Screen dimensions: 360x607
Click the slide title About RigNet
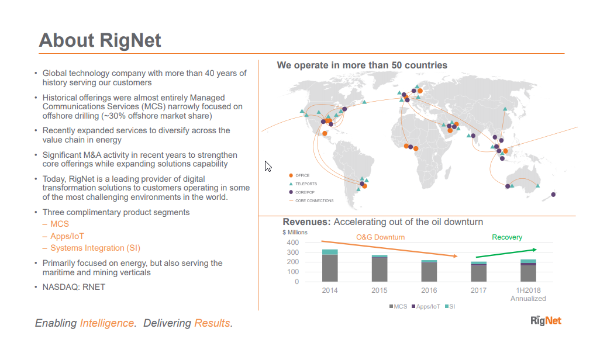pos(99,40)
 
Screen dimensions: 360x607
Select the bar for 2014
pos(330,266)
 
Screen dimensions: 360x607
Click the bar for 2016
pos(429,271)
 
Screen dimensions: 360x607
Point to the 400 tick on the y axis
pos(293,243)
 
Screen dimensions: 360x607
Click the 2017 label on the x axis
pos(478,290)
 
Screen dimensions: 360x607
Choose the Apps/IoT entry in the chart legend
pos(427,306)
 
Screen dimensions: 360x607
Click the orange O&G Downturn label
pos(380,237)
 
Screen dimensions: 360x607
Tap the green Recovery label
pos(507,237)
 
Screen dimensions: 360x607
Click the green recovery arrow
pos(506,253)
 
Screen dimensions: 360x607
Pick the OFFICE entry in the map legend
pos(302,175)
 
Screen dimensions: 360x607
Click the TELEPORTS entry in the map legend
pos(305,184)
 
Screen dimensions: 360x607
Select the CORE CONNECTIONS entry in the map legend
pos(313,200)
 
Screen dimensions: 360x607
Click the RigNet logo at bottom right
pos(546,320)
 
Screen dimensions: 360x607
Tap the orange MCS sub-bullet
pos(59,224)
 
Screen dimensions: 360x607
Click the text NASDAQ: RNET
pos(74,287)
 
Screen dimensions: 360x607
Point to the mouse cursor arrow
pos(268,165)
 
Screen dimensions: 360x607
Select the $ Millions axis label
pos(295,232)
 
